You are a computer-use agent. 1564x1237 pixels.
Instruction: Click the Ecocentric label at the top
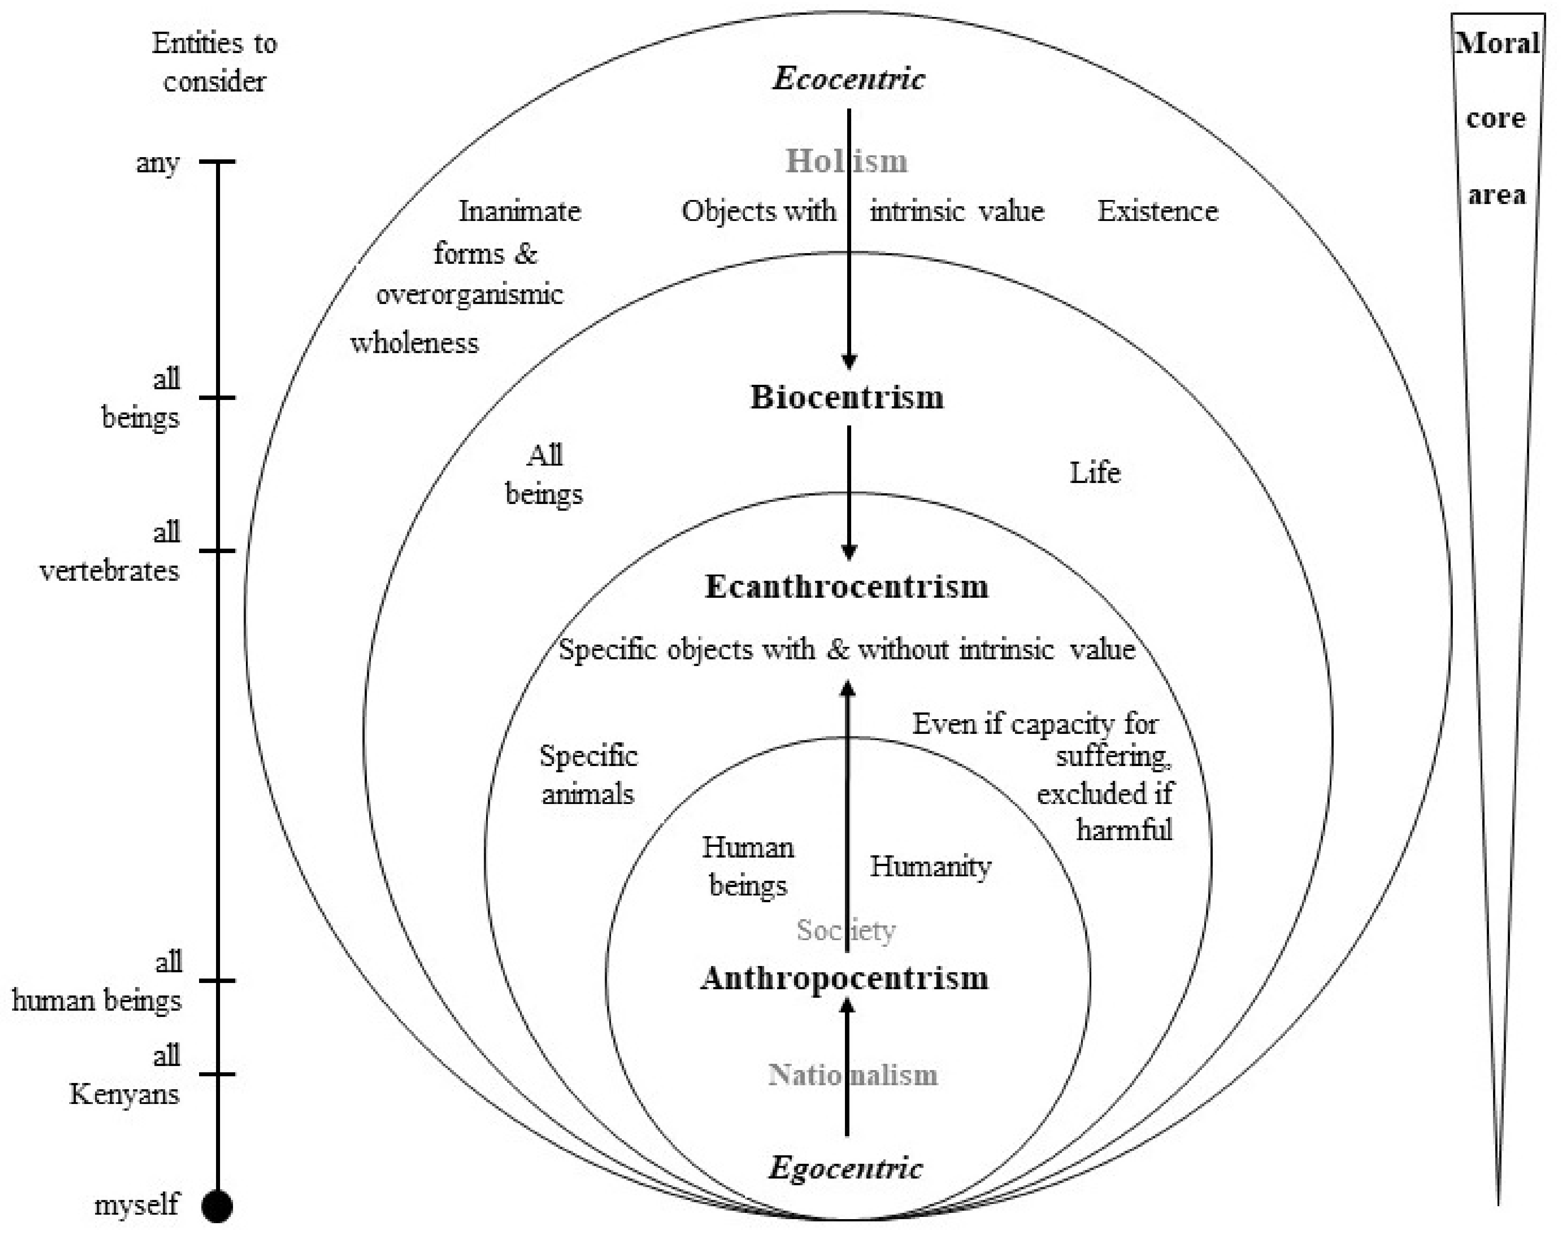pyautogui.click(x=848, y=78)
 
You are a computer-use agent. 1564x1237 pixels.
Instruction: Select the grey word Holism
pyautogui.click(x=846, y=161)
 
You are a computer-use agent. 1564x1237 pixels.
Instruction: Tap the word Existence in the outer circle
pyautogui.click(x=1157, y=212)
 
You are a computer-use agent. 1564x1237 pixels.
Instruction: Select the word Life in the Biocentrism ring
pyautogui.click(x=1095, y=473)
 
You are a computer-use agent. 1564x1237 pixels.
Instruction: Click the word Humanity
pyautogui.click(x=931, y=866)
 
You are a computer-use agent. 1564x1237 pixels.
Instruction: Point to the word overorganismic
pyautogui.click(x=469, y=295)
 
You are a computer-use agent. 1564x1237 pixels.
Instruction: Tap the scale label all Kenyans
pyautogui.click(x=125, y=1075)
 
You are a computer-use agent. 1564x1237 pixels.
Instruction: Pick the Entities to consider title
pyautogui.click(x=214, y=62)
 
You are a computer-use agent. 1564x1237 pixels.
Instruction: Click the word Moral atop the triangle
pyautogui.click(x=1497, y=43)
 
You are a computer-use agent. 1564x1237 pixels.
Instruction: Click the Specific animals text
pyautogui.click(x=588, y=775)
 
